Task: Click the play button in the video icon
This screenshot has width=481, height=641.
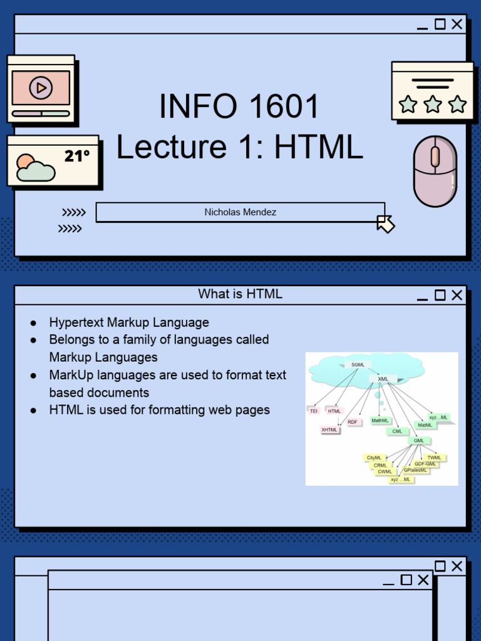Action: pos(41,88)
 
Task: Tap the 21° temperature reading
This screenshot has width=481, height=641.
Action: pos(77,156)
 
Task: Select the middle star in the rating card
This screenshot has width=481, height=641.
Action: pos(433,104)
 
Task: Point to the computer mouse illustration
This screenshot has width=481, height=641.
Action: pos(435,171)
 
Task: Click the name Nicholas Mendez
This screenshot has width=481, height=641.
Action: pos(240,212)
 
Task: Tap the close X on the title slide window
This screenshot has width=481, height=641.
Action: pos(457,24)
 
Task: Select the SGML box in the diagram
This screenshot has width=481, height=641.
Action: pos(358,364)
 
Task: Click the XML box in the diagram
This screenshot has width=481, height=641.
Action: pos(383,379)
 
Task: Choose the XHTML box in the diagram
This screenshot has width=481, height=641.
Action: pos(329,430)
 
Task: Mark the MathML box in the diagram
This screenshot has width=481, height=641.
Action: pos(380,421)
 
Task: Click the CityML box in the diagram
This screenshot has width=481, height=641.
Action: pos(374,458)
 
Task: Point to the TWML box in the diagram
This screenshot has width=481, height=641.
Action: pos(435,458)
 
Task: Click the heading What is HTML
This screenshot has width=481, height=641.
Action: pos(240,294)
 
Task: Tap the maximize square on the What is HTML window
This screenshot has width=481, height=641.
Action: pos(440,295)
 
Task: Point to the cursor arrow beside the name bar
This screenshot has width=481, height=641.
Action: pos(385,223)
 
